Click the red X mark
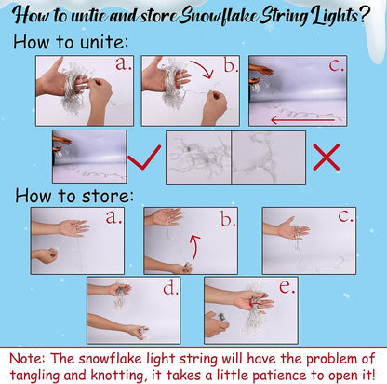coord(327,157)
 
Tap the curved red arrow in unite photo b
coord(204,69)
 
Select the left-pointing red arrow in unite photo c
coord(302,119)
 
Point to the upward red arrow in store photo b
coord(194,247)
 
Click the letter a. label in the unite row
coord(124,63)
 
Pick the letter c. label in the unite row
coord(337,65)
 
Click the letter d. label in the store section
coord(170,288)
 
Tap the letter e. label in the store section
coord(287,287)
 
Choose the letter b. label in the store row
coord(228,218)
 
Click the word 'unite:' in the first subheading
coord(104,42)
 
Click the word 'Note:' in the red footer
coord(27,358)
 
